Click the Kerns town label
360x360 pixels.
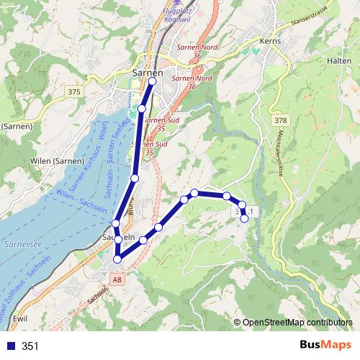click(x=273, y=42)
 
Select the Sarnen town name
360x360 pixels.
click(x=148, y=72)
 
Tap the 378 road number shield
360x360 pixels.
click(x=280, y=120)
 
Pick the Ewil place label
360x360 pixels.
click(x=21, y=317)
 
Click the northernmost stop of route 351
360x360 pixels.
click(x=152, y=81)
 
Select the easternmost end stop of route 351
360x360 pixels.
click(x=245, y=219)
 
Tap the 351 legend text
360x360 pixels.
click(x=30, y=346)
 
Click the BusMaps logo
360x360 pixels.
click(x=326, y=346)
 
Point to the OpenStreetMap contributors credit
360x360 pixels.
click(x=297, y=322)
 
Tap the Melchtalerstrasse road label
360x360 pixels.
click(x=278, y=152)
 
